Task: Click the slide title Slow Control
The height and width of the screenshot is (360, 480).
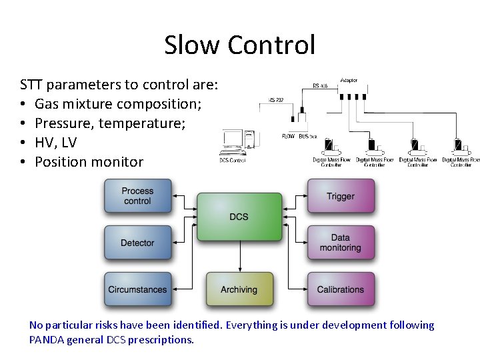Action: [239, 45]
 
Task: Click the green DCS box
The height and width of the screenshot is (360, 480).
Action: [239, 217]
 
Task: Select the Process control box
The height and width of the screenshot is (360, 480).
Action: [137, 196]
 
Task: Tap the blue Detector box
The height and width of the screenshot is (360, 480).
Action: [137, 243]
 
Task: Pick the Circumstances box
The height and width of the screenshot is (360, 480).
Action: [137, 290]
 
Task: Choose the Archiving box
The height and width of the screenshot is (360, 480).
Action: [239, 290]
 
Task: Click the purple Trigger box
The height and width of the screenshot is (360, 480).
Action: [340, 196]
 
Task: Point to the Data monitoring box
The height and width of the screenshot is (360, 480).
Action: [340, 243]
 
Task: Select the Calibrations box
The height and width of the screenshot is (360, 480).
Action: [340, 290]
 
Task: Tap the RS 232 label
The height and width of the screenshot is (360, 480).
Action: [276, 100]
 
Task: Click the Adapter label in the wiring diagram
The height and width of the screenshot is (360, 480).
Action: [349, 80]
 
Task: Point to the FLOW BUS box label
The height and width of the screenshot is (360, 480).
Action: [299, 136]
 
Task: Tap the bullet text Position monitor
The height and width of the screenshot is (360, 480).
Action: [89, 162]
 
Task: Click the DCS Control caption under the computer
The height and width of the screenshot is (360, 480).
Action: [233, 160]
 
